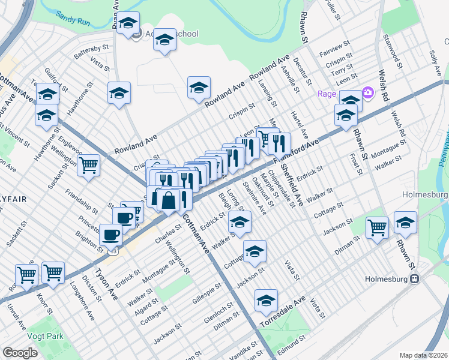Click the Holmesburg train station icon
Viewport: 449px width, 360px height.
(x=414, y=279)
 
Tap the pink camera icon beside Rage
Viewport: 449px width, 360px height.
(x=367, y=94)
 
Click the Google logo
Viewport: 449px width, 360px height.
(x=20, y=353)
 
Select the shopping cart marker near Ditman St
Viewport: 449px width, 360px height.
(x=377, y=227)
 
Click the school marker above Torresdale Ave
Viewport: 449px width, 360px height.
(x=266, y=301)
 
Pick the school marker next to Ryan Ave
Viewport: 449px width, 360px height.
(x=127, y=23)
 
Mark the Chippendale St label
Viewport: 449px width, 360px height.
(x=279, y=186)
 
